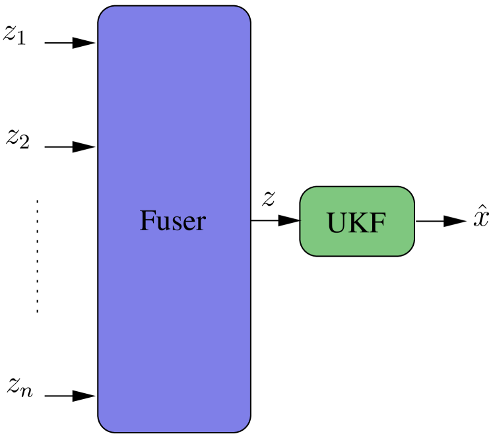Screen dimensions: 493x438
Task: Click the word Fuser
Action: (x=172, y=220)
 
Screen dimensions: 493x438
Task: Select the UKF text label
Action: (x=356, y=224)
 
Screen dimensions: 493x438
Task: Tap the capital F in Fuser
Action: (x=147, y=220)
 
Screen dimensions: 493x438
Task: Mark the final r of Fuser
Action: (x=200, y=223)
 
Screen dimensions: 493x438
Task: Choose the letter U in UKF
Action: (x=337, y=224)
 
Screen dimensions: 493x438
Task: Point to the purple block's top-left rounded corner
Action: (x=104, y=12)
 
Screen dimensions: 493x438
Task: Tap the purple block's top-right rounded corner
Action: (x=245, y=12)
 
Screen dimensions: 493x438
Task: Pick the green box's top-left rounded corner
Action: (x=306, y=192)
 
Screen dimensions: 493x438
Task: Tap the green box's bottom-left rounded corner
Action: (x=306, y=250)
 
